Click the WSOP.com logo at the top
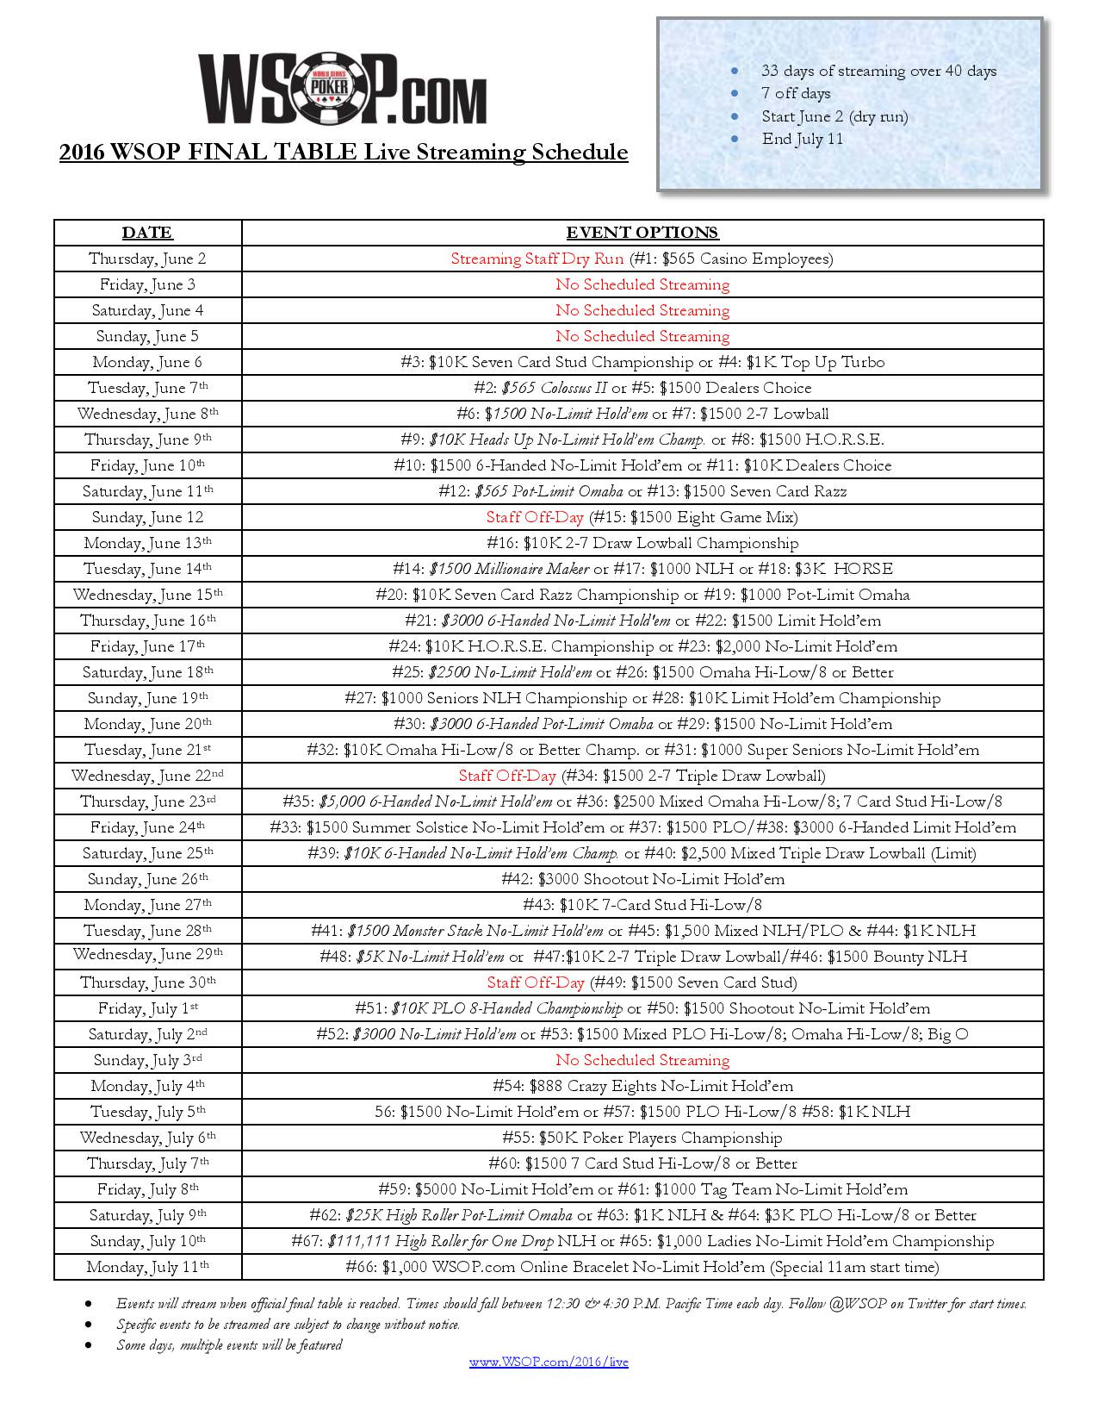click(x=343, y=89)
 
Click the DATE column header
click(x=147, y=233)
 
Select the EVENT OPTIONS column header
click(x=642, y=233)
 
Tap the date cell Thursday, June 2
click(x=147, y=259)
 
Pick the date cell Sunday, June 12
click(x=147, y=517)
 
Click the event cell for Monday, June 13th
click(x=642, y=543)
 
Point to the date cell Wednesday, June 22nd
click(x=147, y=776)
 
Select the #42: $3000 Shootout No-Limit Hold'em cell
click(x=642, y=879)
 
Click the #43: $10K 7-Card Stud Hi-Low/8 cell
click(x=642, y=905)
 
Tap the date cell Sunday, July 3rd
click(x=147, y=1060)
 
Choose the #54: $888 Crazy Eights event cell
click(x=642, y=1086)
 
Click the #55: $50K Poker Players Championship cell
click(x=642, y=1138)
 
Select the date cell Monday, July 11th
click(x=147, y=1267)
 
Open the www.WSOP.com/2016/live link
click(x=549, y=1363)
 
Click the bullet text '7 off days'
click(x=796, y=93)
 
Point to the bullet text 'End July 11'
click(x=802, y=139)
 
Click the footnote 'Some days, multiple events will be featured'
click(x=229, y=1345)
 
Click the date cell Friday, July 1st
click(x=147, y=1008)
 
